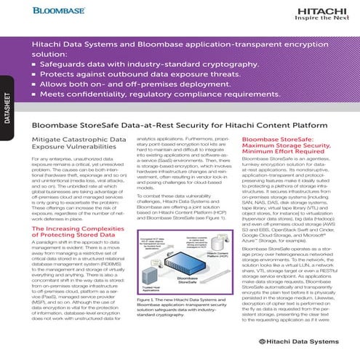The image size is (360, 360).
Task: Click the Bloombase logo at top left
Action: click(x=44, y=12)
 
